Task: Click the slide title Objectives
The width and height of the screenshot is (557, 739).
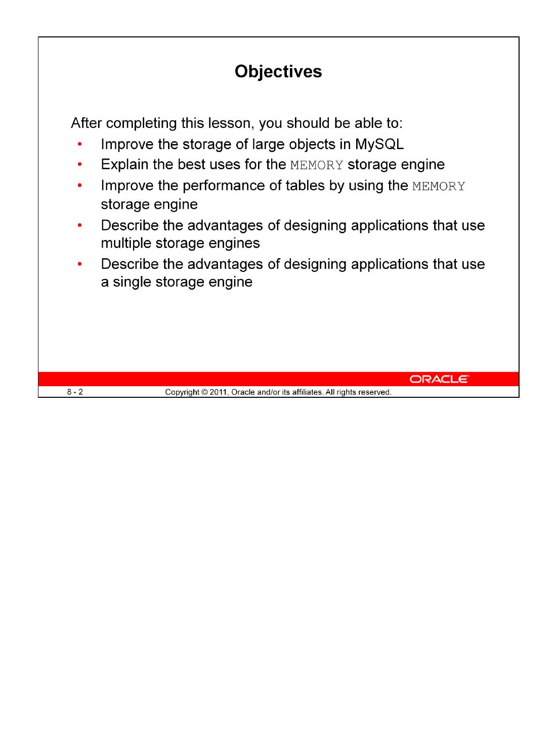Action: click(278, 72)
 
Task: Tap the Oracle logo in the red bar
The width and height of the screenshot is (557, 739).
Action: click(439, 379)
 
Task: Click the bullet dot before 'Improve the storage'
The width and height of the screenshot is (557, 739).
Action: click(79, 145)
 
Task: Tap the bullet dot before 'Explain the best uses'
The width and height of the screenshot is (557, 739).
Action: click(79, 165)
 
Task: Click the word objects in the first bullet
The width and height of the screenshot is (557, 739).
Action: click(312, 144)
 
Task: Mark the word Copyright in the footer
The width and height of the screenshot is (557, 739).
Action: click(182, 392)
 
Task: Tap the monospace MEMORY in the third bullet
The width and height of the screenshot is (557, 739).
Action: click(439, 186)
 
